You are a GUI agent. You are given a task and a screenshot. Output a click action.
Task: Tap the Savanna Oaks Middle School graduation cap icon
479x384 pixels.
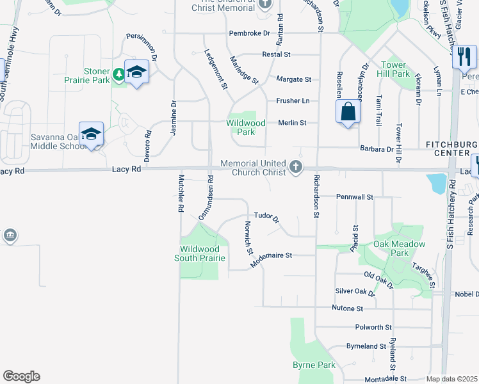pyautogui.click(x=92, y=134)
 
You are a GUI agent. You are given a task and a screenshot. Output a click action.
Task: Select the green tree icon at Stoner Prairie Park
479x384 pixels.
pyautogui.click(x=118, y=75)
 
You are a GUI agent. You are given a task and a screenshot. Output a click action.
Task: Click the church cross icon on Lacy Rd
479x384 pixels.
pyautogui.click(x=295, y=168)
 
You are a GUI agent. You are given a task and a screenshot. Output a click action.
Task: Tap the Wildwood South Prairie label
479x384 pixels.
pyautogui.click(x=200, y=253)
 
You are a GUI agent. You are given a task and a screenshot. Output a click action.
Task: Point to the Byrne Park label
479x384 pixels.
pyautogui.click(x=314, y=365)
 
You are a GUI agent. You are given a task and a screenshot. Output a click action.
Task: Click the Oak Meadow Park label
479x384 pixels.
pyautogui.click(x=400, y=248)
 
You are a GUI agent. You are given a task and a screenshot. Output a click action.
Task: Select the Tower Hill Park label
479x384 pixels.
pyautogui.click(x=395, y=69)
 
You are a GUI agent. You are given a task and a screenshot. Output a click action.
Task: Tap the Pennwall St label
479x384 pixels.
pyautogui.click(x=354, y=197)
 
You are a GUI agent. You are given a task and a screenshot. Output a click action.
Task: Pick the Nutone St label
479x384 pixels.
pyautogui.click(x=348, y=308)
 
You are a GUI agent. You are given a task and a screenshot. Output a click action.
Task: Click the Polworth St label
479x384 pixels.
pyautogui.click(x=373, y=327)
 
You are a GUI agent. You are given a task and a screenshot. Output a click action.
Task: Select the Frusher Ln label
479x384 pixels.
pyautogui.click(x=293, y=101)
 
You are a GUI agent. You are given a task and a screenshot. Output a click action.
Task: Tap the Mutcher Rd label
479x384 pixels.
pyautogui.click(x=181, y=193)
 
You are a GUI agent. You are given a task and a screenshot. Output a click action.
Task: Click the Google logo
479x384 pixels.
pyautogui.click(x=21, y=376)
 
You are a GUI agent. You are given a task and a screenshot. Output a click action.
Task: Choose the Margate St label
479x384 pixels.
pyautogui.click(x=293, y=79)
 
